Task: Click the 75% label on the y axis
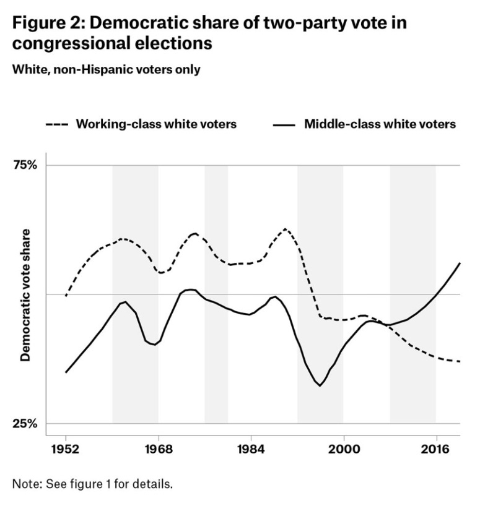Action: [25, 165]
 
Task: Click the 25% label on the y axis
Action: [25, 424]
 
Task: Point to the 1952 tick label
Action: [66, 450]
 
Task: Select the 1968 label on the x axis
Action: [158, 450]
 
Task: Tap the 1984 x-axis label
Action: [250, 450]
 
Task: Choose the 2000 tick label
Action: [343, 450]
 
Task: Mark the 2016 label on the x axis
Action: [435, 450]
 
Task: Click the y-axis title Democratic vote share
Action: [26, 294]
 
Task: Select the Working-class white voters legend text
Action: [156, 124]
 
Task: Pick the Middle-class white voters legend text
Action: [380, 124]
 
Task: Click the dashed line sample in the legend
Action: [57, 124]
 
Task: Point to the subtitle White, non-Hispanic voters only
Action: [106, 69]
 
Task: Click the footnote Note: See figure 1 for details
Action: [92, 483]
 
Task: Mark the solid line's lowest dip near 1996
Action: [320, 385]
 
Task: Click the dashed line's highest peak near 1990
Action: [286, 229]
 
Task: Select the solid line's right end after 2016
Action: [460, 263]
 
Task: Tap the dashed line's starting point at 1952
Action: [66, 296]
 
